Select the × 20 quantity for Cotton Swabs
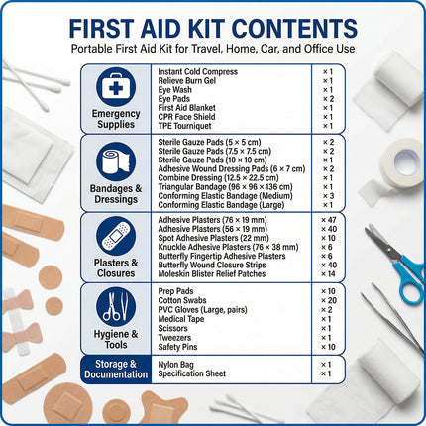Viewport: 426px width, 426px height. coord(328,300)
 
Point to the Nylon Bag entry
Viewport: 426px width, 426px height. coord(177,364)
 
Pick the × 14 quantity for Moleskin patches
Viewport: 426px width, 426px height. coord(328,272)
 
